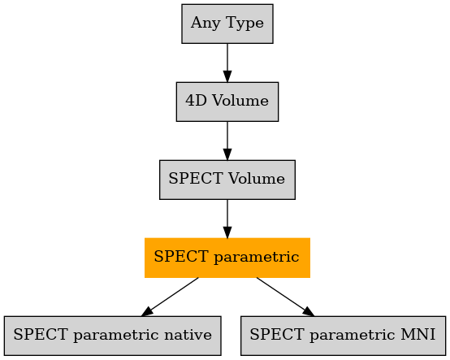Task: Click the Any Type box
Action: tap(227, 24)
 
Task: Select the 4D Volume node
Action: tap(227, 102)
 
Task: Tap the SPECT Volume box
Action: tap(227, 180)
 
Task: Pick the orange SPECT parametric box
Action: tap(227, 258)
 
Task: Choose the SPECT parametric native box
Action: tap(112, 336)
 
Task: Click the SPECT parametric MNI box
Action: tap(344, 336)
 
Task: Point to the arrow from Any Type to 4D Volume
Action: tap(227, 63)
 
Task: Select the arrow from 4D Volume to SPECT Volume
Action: tap(227, 141)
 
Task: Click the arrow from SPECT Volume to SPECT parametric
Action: tap(227, 219)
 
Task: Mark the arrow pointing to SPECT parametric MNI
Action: tap(286, 297)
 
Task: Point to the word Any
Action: tap(206, 24)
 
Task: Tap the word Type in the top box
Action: tap(244, 24)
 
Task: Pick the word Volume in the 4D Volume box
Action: tap(240, 101)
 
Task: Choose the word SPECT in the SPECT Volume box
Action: tap(196, 179)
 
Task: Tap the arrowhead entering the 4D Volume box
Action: tap(227, 76)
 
